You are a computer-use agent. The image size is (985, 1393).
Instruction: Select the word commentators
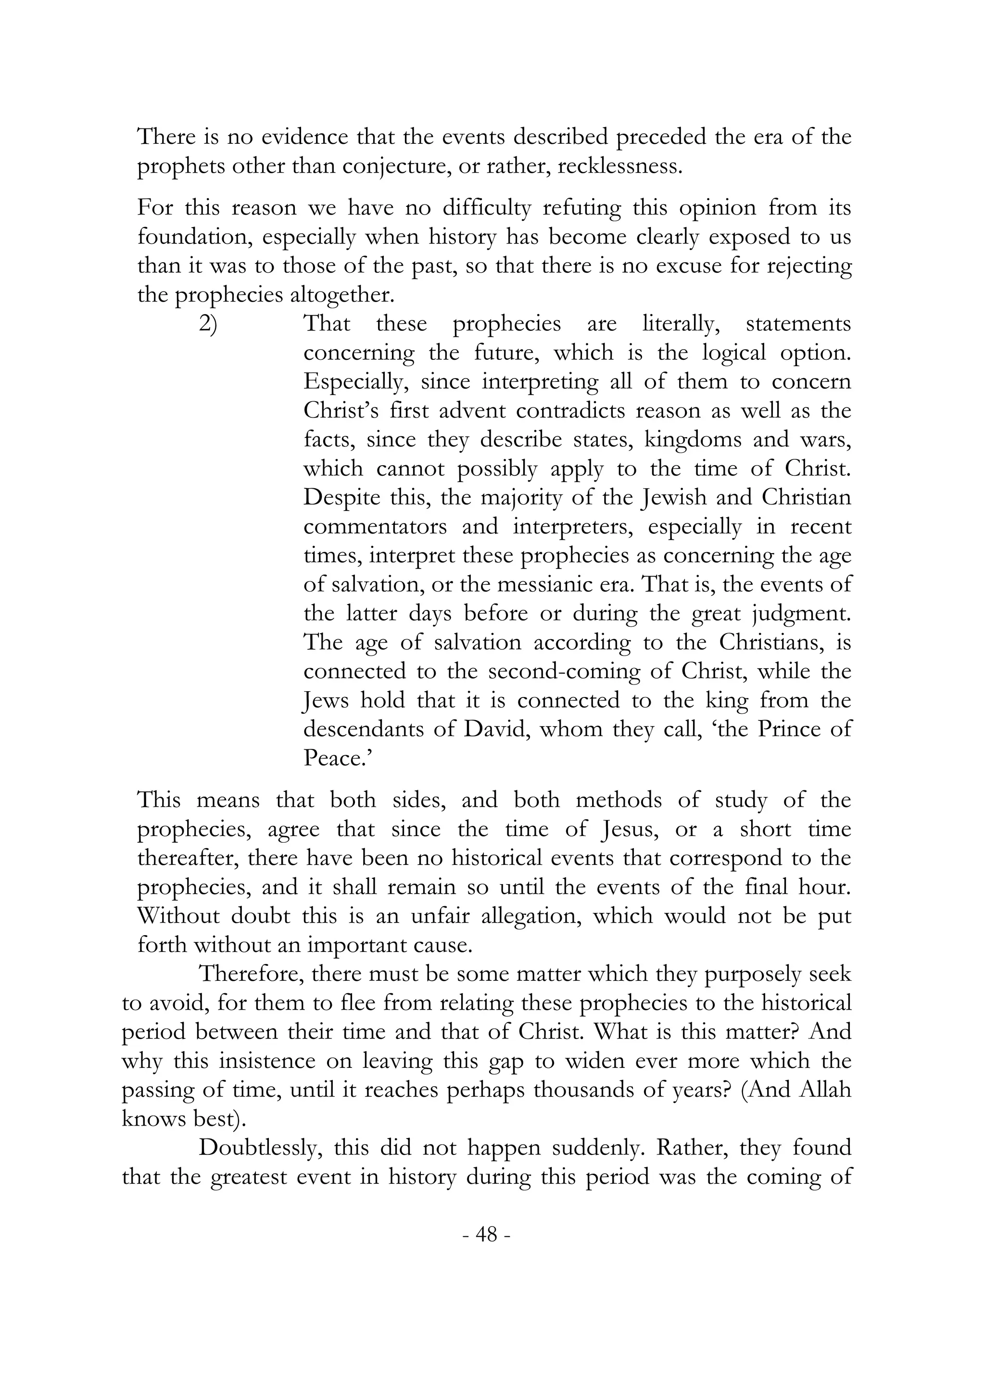[x=374, y=527]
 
